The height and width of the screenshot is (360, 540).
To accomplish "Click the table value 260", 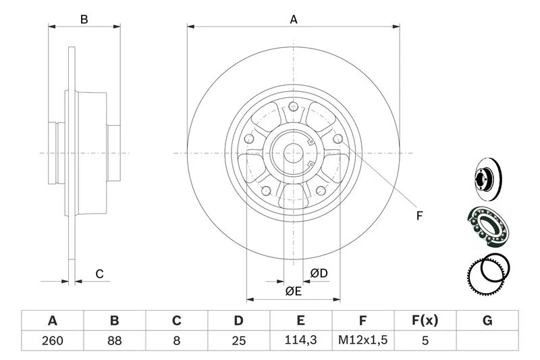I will (x=52, y=340).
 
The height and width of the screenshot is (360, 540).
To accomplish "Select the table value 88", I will (x=114, y=340).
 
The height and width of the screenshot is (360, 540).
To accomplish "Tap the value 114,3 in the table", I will (x=300, y=340).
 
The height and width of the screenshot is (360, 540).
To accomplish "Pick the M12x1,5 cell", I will (x=362, y=340).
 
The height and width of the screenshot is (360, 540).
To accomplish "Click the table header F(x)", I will (x=425, y=320).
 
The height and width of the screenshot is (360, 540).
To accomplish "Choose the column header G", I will (x=487, y=320).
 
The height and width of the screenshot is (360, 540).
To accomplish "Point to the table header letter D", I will (x=238, y=320).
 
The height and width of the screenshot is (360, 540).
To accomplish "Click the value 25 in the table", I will (x=238, y=340).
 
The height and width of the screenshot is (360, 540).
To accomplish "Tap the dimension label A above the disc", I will (x=294, y=20).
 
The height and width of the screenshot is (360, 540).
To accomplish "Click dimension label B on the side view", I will (x=84, y=20).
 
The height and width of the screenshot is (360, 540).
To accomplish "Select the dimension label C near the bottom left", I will (x=99, y=274).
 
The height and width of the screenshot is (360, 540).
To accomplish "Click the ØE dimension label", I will (x=292, y=291).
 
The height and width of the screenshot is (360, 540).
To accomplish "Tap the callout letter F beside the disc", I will (x=418, y=216).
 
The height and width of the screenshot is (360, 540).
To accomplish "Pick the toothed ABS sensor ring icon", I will (x=486, y=275).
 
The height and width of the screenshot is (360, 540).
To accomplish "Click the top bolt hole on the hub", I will (x=294, y=106).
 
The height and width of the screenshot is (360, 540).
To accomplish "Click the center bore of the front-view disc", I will (x=294, y=153).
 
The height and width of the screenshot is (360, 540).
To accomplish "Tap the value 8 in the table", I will (x=176, y=340).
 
